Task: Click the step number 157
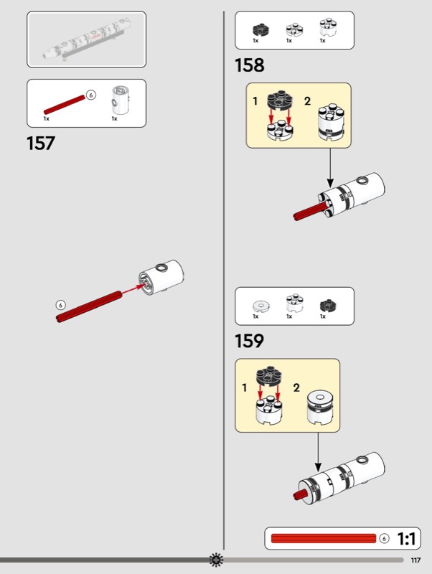click(41, 143)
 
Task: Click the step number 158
click(249, 65)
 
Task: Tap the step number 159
click(249, 341)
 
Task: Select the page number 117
click(416, 560)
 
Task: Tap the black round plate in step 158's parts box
click(259, 30)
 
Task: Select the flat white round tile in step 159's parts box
click(259, 306)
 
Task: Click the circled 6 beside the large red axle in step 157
click(60, 305)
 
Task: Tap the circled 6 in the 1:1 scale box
click(384, 539)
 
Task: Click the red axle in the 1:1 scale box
click(324, 539)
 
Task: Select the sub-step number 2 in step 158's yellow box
click(307, 101)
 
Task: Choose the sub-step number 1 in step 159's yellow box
click(245, 388)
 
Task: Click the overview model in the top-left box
click(86, 39)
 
